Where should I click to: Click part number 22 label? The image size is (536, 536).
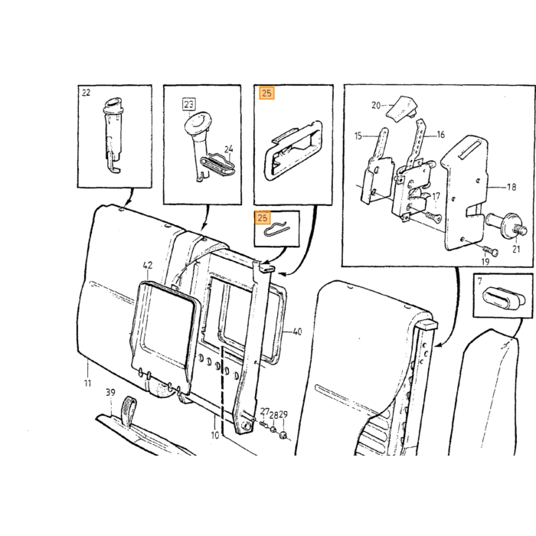(86, 93)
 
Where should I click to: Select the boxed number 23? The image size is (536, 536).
(188, 104)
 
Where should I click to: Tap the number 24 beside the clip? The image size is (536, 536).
(229, 149)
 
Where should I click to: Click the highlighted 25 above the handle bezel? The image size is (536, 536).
(267, 93)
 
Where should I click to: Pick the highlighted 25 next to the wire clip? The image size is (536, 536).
(263, 217)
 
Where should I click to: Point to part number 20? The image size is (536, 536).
(376, 106)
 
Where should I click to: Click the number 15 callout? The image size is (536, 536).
(358, 136)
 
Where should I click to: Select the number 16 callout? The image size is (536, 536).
(441, 135)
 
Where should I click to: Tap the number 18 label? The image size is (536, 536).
(511, 187)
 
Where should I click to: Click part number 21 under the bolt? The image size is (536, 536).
(516, 249)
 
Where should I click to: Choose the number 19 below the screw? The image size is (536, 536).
(485, 262)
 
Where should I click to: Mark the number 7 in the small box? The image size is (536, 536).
(480, 281)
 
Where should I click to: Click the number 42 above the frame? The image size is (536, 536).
(148, 265)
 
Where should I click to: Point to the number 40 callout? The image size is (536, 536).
(297, 332)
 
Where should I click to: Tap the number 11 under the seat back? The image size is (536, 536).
(88, 383)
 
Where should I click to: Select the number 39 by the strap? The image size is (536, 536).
(110, 393)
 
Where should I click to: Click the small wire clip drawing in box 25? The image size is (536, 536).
(277, 230)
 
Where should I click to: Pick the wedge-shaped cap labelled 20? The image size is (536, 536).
(401, 109)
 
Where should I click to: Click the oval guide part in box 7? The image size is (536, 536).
(504, 296)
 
